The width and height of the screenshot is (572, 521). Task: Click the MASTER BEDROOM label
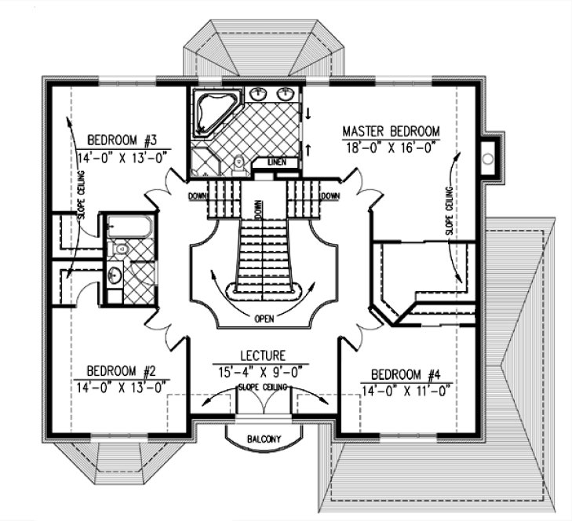(391, 131)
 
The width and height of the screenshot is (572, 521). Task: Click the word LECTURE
(263, 355)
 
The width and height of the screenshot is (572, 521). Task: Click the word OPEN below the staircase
(263, 319)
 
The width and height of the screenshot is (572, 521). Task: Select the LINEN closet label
(278, 162)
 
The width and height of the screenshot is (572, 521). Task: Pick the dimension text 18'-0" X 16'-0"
(390, 147)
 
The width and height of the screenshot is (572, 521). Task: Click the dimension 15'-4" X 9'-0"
(263, 368)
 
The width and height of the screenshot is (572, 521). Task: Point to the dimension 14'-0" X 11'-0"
(407, 388)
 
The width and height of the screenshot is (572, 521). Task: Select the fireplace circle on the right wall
(488, 159)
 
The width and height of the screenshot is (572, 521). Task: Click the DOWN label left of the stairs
(197, 196)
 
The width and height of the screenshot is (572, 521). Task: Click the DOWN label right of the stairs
(330, 196)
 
